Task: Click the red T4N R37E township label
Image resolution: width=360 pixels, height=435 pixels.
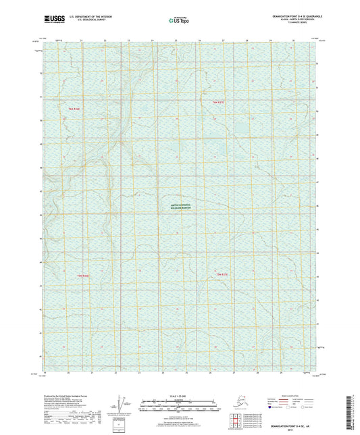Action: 212,102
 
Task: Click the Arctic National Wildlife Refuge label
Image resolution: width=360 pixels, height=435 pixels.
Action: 180,209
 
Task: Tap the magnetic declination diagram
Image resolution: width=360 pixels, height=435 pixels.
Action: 120,404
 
